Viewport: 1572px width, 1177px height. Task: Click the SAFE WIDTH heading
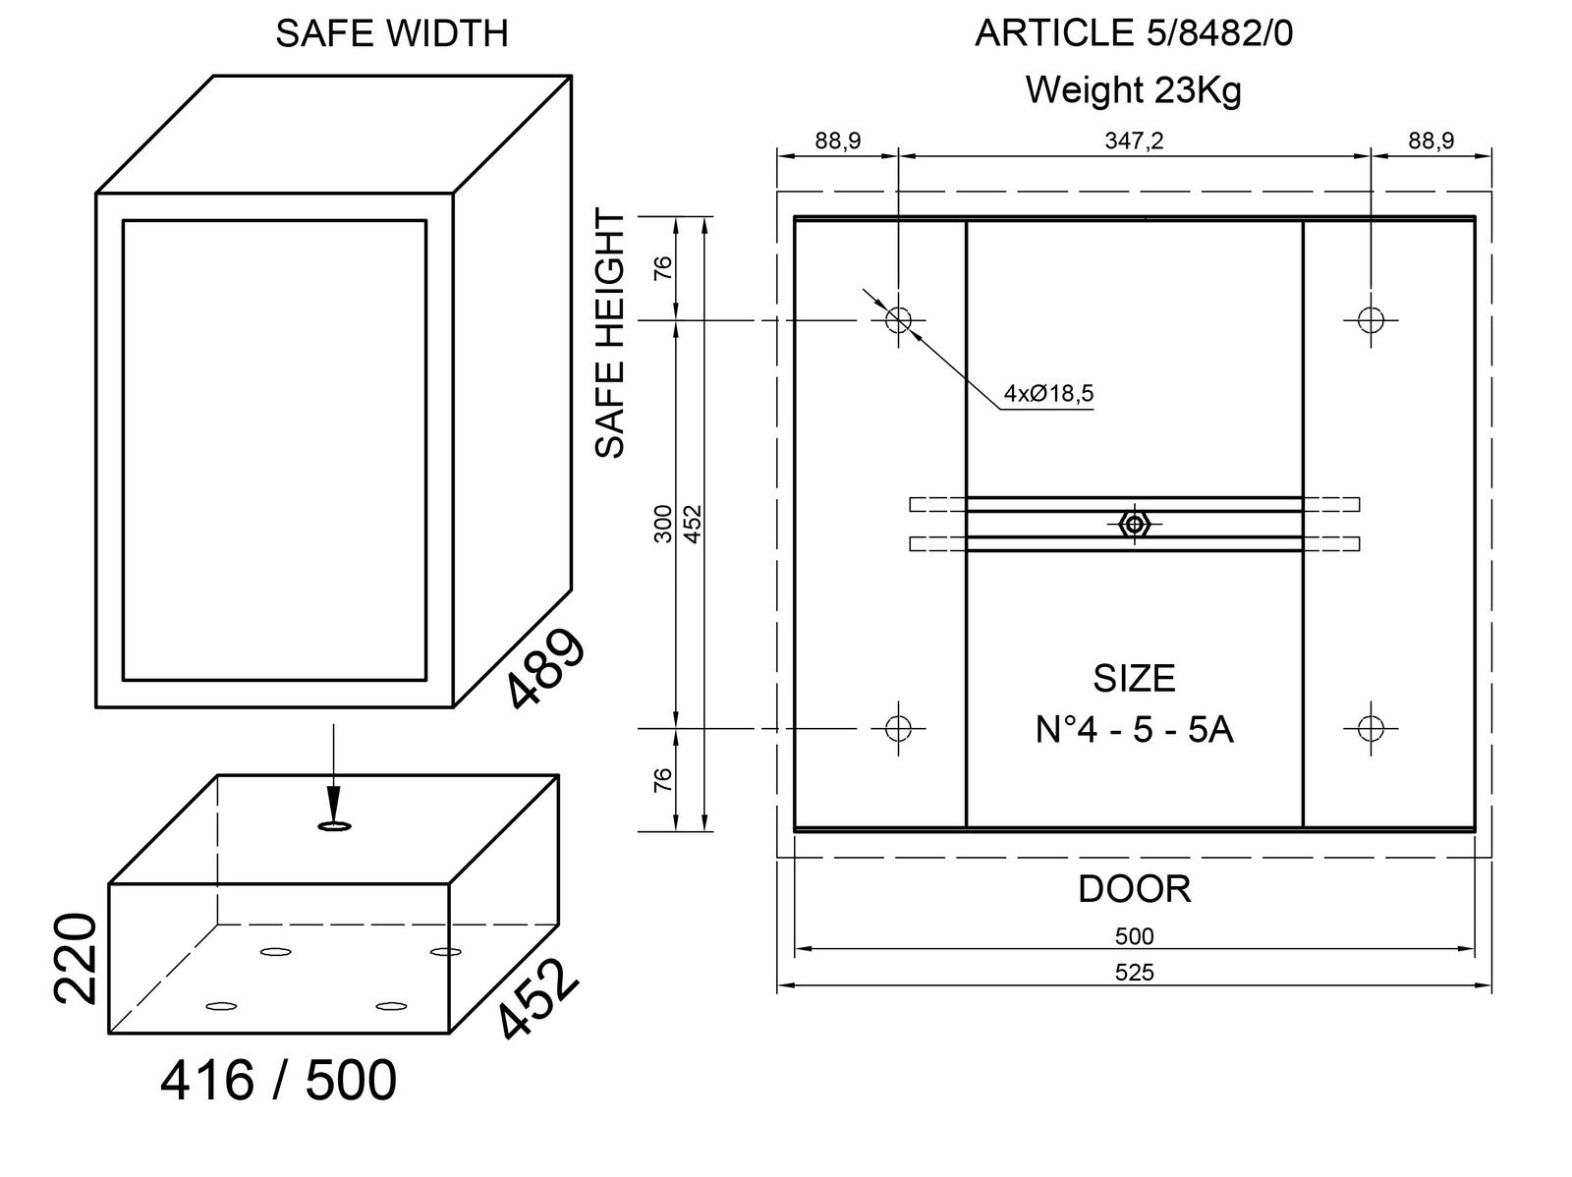391,34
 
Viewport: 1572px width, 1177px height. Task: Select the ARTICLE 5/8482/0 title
1134,34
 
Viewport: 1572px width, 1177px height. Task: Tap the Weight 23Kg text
1134,90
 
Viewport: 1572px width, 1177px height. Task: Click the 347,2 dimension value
1134,140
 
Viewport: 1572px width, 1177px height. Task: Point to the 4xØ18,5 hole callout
1048,394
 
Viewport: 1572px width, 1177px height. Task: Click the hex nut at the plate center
1135,525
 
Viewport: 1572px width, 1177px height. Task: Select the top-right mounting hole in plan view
1371,319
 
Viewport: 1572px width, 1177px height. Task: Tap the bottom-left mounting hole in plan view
898,728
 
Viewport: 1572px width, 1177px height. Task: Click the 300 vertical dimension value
663,523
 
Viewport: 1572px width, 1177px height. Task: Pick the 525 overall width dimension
1134,973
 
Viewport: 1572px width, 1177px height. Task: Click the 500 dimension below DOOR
1134,936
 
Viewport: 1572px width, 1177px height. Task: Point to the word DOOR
1134,889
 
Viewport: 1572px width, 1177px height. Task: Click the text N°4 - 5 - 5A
1134,730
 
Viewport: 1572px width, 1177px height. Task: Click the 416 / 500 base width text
278,1081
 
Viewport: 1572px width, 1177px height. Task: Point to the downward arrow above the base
333,776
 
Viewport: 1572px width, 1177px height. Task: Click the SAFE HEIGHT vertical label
611,334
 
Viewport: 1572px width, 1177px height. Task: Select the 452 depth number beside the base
535,1000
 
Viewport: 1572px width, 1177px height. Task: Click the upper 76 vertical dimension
663,267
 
